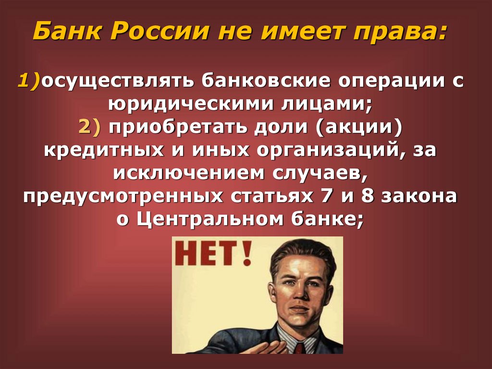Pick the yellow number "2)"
pyautogui.click(x=90, y=127)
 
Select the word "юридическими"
pyautogui.click(x=181, y=103)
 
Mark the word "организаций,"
pyautogui.click(x=331, y=150)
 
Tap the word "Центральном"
pyautogui.click(x=211, y=219)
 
